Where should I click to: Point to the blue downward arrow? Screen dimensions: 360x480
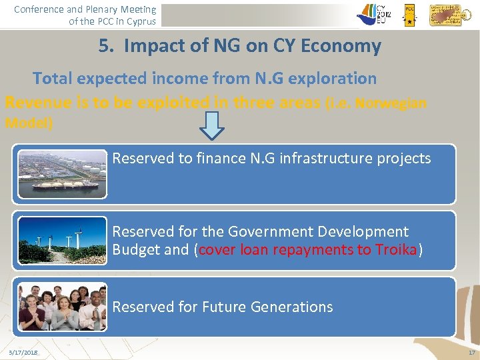pos(212,125)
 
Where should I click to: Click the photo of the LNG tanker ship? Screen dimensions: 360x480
pos(62,174)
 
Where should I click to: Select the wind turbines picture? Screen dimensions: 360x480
pos(62,241)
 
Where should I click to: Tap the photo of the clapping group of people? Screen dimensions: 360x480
pos(62,307)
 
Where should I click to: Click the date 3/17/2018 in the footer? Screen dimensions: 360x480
pos(23,352)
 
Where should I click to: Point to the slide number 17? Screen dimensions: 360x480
pos(471,352)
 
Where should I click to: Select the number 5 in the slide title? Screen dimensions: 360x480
pos(104,46)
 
